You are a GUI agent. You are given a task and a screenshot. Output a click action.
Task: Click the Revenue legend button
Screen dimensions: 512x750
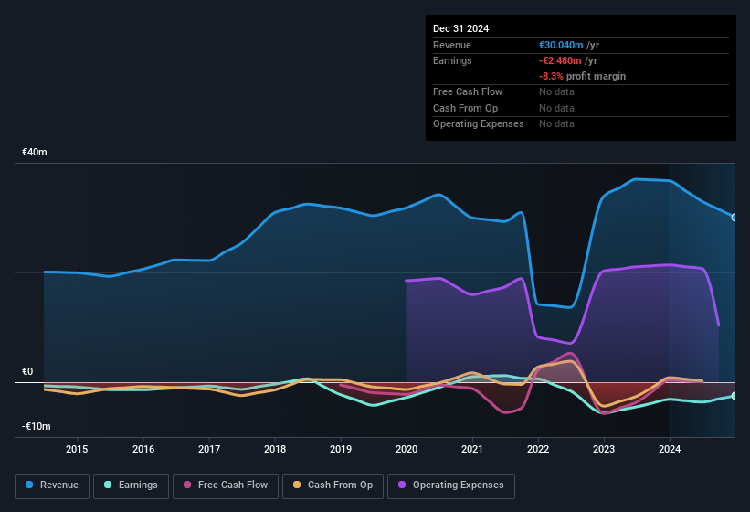(53, 485)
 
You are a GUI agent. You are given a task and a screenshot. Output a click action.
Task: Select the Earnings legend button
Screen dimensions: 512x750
(132, 485)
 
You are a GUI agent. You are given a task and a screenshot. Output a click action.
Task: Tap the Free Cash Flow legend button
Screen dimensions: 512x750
(226, 485)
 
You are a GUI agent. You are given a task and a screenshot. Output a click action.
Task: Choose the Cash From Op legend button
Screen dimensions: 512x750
(333, 485)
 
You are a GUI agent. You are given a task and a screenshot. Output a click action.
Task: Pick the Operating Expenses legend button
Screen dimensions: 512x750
(450, 485)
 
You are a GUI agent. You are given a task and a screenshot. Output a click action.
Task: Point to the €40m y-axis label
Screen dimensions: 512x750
(36, 152)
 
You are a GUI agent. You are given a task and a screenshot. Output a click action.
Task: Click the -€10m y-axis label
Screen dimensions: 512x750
(37, 427)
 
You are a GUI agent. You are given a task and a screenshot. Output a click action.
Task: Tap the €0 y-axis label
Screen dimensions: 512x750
(28, 372)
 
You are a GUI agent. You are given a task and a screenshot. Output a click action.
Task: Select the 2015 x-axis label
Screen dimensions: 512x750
(77, 449)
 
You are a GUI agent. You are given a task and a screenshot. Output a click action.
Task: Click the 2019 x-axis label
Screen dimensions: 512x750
(340, 449)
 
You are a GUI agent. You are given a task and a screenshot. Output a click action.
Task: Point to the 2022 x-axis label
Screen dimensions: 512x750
(538, 449)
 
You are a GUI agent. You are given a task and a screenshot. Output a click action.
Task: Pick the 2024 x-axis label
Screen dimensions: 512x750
(670, 449)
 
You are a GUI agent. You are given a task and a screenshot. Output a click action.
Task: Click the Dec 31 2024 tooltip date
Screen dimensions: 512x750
(460, 28)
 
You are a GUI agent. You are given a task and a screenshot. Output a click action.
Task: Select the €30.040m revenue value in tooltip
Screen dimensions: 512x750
(561, 45)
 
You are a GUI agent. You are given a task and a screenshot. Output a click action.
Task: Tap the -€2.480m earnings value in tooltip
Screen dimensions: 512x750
(560, 60)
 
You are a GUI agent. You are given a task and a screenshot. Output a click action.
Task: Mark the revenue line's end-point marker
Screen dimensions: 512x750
(734, 218)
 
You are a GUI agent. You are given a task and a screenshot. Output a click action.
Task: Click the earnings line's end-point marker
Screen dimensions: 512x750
(734, 396)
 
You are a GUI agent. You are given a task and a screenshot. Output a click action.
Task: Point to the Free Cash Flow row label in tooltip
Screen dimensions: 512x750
(468, 91)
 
